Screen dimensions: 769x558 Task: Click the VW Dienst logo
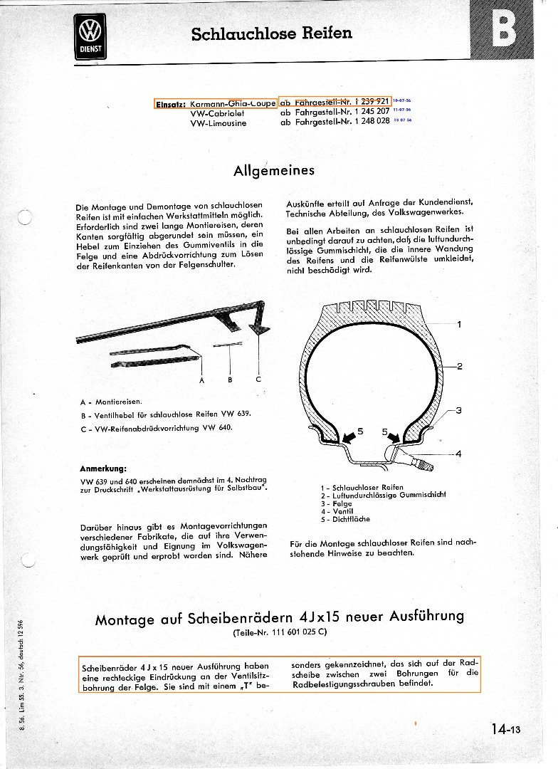click(90, 37)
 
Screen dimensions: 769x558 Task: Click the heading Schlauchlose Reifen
click(271, 33)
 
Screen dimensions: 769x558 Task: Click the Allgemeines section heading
click(274, 171)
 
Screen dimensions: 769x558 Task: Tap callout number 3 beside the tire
click(459, 410)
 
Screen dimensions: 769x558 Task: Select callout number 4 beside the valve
click(459, 454)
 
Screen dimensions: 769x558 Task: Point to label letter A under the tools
click(201, 380)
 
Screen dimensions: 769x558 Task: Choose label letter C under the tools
click(258, 380)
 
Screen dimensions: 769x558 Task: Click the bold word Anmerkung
click(104, 469)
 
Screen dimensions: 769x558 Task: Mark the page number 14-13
click(505, 728)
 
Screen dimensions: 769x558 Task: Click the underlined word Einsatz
click(170, 104)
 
